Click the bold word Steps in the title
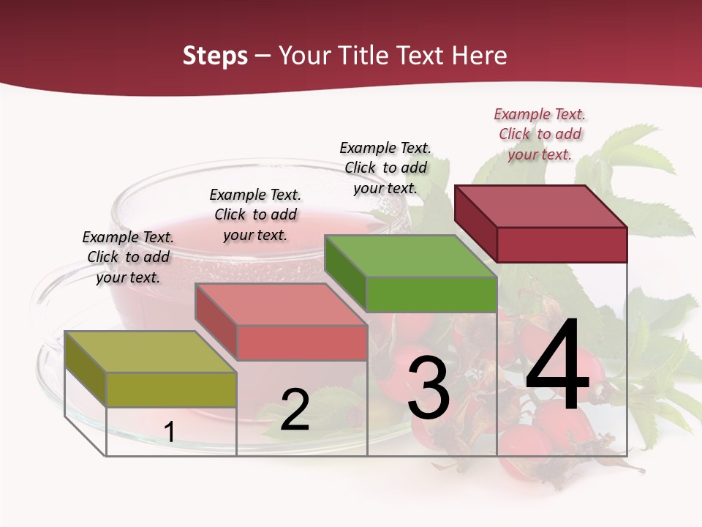pos(215,56)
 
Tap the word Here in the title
pos(480,56)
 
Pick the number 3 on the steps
pos(428,388)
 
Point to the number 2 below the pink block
pos(295,409)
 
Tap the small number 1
pos(169,432)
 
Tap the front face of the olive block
pos(171,389)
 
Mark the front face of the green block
pos(431,294)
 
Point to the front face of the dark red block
pos(562,244)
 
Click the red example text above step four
pos(540,134)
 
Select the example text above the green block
pos(385,168)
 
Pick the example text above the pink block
pos(255,214)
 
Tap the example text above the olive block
pos(128,257)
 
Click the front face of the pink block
pos(301,343)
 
